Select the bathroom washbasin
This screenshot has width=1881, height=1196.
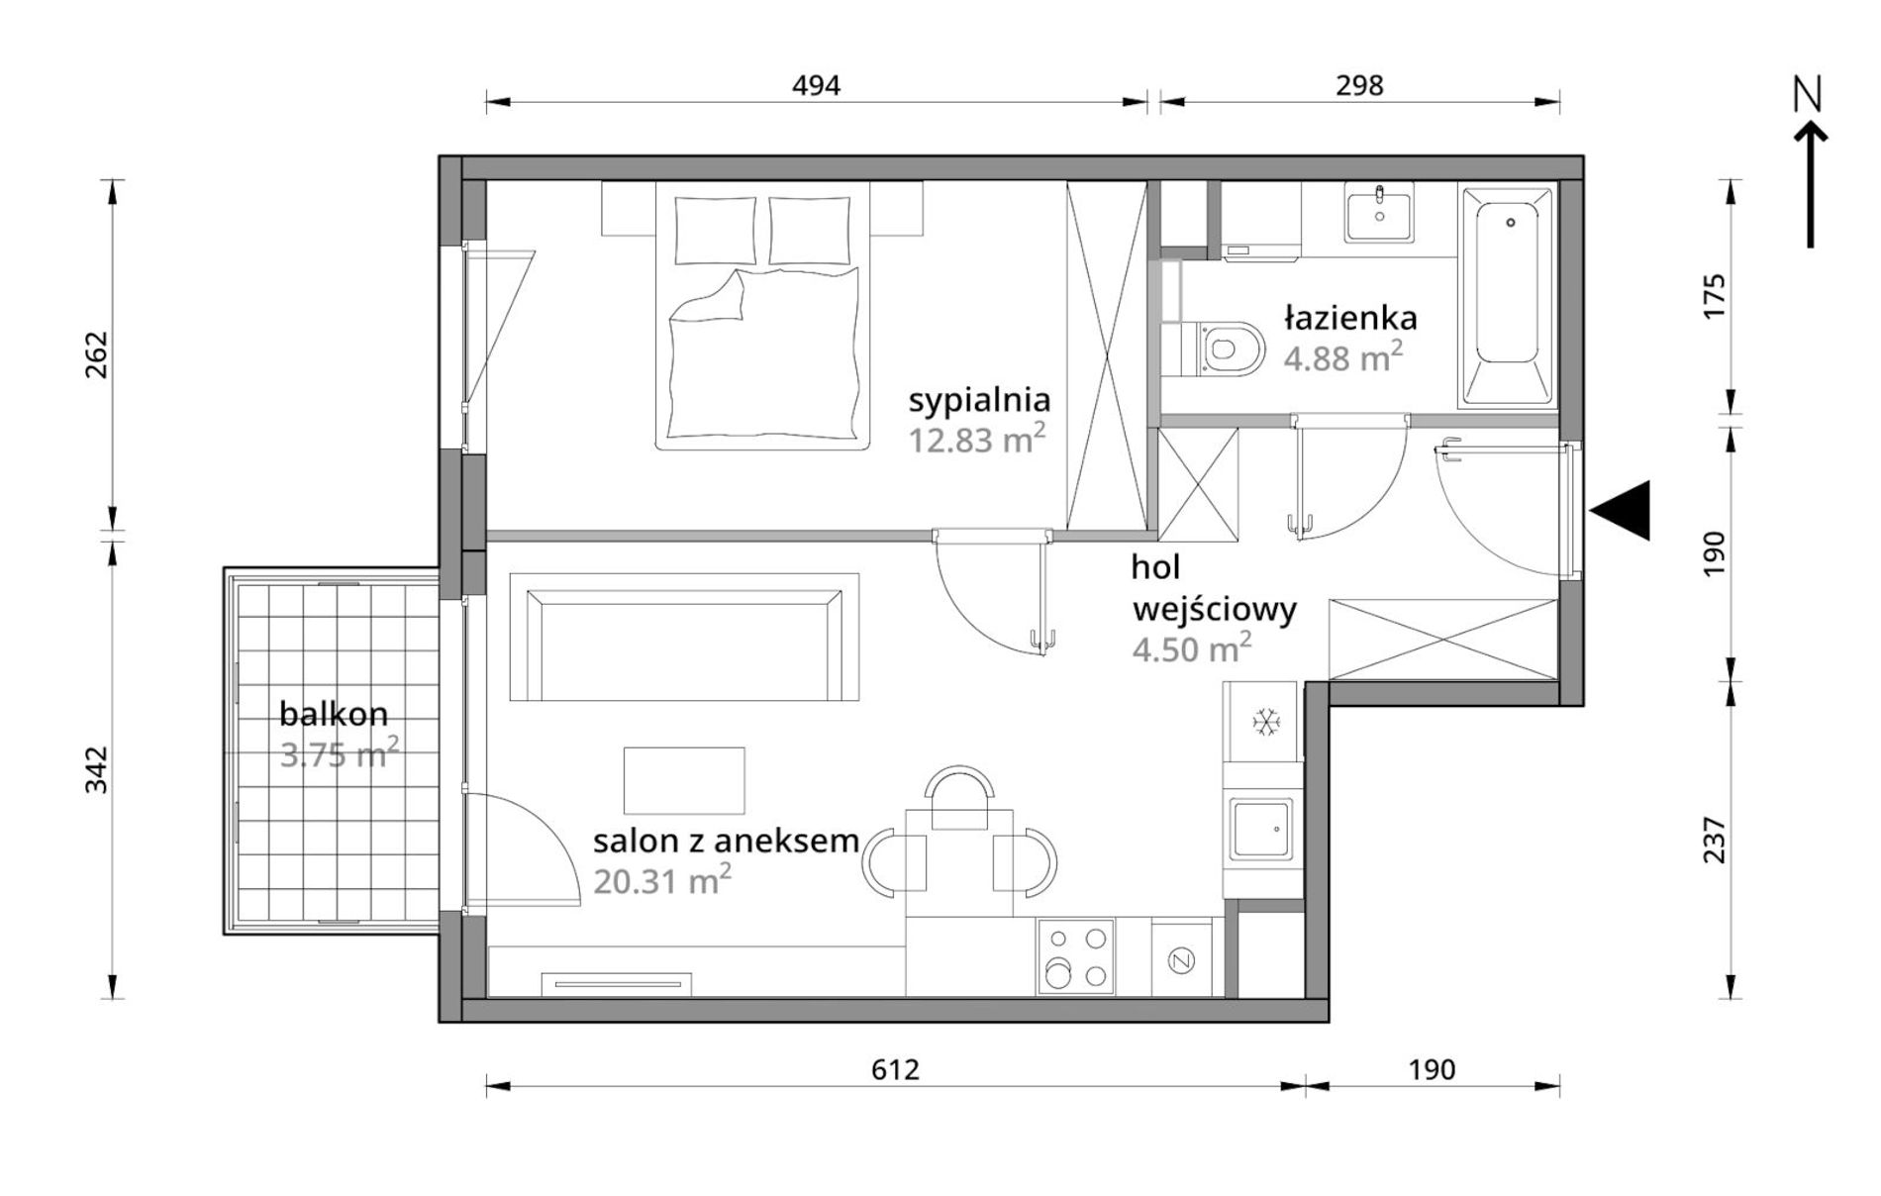coord(1378,216)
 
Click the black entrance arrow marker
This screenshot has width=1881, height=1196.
coord(1621,511)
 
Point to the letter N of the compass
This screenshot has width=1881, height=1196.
coord(1808,94)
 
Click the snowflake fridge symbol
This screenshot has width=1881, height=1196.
coord(1266,722)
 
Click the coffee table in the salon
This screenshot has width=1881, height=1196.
coord(684,780)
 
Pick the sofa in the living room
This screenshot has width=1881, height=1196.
coord(684,637)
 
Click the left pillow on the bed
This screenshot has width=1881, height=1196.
coord(716,230)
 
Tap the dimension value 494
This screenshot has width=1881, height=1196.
coord(816,86)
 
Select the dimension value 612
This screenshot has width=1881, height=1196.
coord(896,1070)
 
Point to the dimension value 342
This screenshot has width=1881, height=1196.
coord(96,769)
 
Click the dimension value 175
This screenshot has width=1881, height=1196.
coord(1714,295)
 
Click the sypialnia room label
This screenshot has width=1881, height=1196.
coord(979,401)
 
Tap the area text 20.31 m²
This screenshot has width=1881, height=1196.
coord(662,879)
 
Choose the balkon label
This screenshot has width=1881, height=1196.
coord(334,713)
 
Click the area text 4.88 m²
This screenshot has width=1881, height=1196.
coord(1343,356)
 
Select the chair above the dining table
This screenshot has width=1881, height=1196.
coord(958,797)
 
